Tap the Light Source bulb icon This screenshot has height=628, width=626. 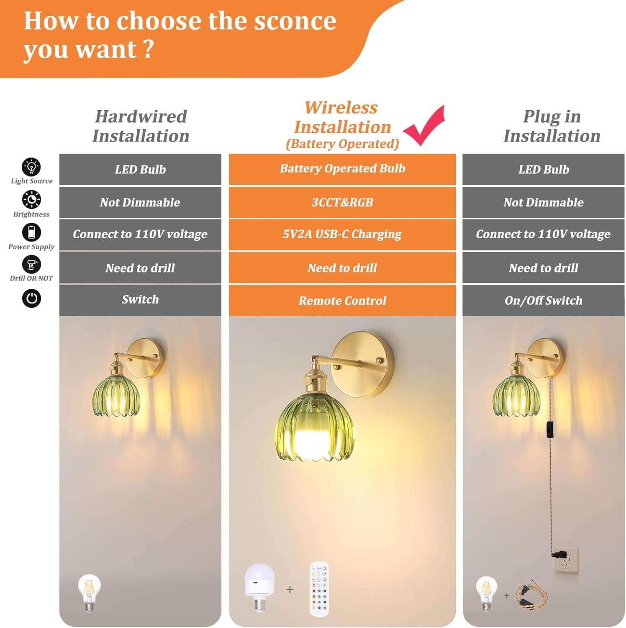[31, 167]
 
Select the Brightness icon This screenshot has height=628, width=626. [31, 200]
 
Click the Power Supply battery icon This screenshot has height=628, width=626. [31, 232]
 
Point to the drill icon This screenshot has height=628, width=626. [31, 265]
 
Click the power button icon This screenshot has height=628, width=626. [31, 299]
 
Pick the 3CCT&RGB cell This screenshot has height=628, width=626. [342, 202]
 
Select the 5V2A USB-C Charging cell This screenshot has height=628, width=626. [342, 234]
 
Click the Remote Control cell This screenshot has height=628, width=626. [342, 301]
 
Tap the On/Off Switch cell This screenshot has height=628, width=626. [543, 301]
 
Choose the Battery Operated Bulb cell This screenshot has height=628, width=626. [342, 169]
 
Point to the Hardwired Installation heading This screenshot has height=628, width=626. [141, 126]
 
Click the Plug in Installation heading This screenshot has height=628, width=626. [552, 126]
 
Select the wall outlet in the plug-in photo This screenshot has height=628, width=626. [567, 560]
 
